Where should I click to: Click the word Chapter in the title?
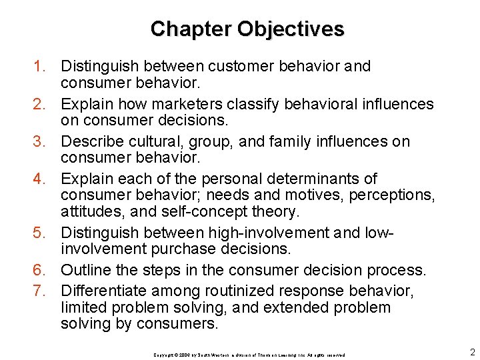click(191, 29)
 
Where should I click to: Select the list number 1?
click(40, 67)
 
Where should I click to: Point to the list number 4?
click(40, 179)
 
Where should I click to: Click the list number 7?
click(40, 291)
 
